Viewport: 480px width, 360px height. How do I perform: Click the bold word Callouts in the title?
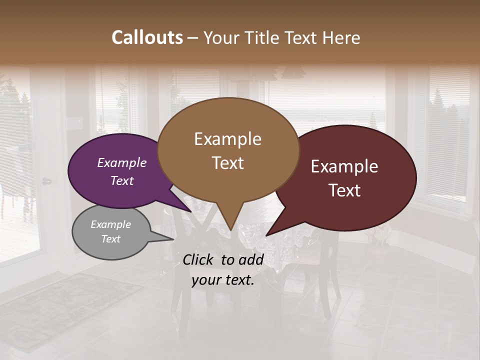[147, 37]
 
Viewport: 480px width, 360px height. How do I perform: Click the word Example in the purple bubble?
[122, 162]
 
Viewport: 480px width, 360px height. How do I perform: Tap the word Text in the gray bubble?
[111, 239]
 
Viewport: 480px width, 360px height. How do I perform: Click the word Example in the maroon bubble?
[344, 166]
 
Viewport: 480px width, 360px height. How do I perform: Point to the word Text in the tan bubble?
[227, 163]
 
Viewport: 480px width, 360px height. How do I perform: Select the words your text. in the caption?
[223, 280]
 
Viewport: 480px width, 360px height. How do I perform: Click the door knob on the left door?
[46, 180]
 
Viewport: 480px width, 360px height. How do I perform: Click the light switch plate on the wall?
[79, 121]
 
